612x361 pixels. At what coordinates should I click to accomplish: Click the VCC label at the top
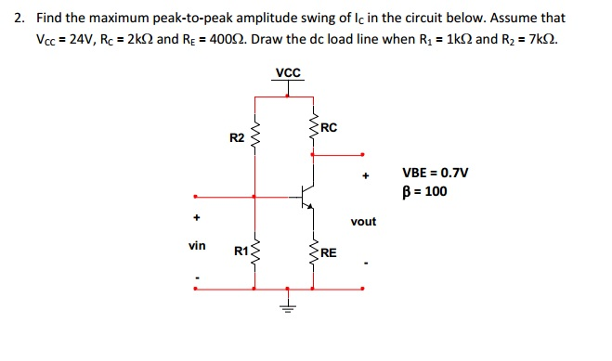point(288,72)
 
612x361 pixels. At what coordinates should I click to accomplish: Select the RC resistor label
point(332,127)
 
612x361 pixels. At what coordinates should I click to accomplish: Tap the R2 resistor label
point(236,137)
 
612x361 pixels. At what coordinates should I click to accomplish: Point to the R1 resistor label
point(241,250)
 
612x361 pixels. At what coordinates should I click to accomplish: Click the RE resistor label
point(330,251)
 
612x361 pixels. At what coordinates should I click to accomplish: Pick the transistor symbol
point(305,197)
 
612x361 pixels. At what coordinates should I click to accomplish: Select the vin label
point(197,246)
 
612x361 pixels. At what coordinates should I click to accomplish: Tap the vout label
point(364,222)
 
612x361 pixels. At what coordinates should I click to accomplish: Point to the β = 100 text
point(424,192)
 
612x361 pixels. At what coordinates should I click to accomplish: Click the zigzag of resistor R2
point(254,136)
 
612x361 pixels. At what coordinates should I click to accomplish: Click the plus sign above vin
point(197,220)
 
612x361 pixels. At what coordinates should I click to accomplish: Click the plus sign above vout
point(367,174)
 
